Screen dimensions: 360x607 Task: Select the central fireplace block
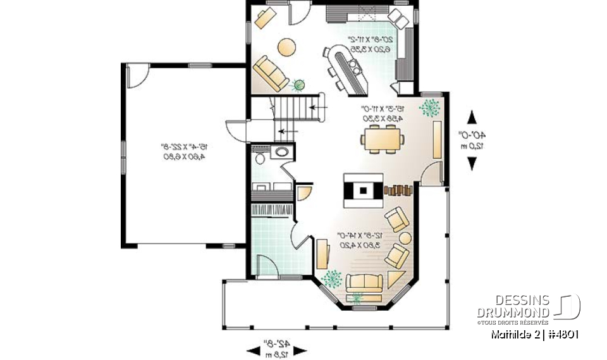click(363, 189)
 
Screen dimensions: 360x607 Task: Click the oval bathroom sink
click(280, 152)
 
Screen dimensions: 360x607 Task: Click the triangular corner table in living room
click(396, 278)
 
